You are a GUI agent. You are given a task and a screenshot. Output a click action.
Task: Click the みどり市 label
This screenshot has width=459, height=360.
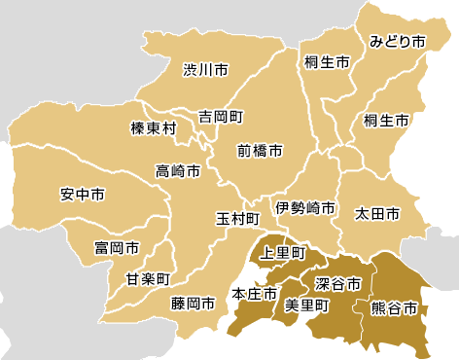click(x=398, y=42)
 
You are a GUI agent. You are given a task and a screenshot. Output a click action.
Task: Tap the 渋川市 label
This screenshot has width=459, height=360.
click(x=206, y=70)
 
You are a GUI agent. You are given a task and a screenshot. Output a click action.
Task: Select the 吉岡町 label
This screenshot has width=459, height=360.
click(x=219, y=116)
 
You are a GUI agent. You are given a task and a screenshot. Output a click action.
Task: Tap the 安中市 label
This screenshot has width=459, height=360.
click(x=82, y=195)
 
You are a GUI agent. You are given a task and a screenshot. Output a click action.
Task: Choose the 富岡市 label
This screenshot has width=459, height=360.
click(x=117, y=248)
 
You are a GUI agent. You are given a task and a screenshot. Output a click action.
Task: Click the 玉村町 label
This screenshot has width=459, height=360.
click(x=238, y=218)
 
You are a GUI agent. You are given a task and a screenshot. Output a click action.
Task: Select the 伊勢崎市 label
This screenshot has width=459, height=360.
click(x=304, y=208)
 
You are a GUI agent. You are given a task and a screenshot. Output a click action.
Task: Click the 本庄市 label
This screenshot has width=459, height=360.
click(x=251, y=294)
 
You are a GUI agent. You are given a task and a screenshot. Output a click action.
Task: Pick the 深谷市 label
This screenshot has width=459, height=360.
click(x=338, y=284)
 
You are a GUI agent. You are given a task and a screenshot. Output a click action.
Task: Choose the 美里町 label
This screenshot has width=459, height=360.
click(x=305, y=305)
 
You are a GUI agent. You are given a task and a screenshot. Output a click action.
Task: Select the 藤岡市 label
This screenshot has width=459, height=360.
click(x=192, y=304)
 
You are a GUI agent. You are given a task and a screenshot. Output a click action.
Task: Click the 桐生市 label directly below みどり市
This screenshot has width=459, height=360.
click(x=386, y=121)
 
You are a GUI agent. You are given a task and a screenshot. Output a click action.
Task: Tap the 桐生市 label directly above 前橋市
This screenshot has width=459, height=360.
click(x=327, y=62)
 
